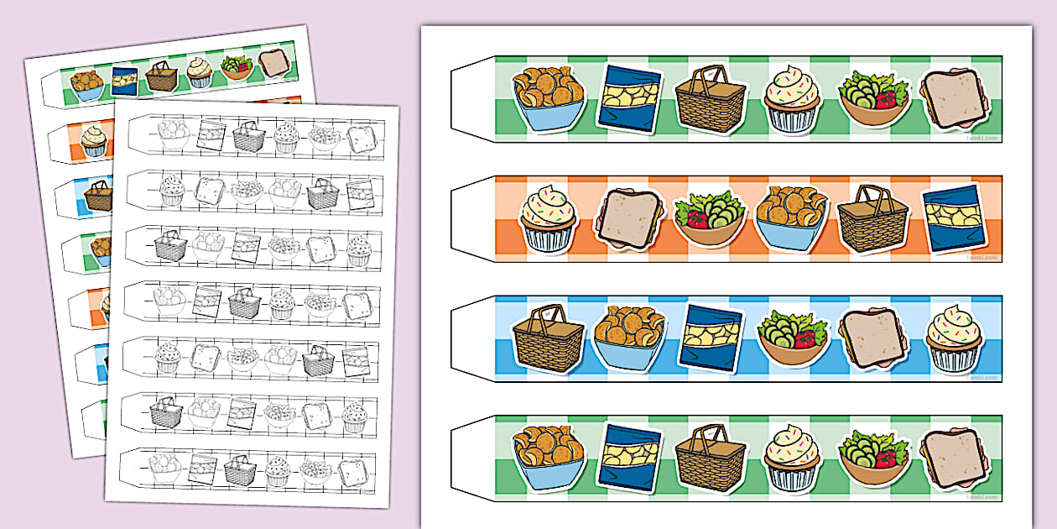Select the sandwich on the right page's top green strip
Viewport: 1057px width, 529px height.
(955, 101)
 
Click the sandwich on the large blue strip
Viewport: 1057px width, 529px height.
(872, 338)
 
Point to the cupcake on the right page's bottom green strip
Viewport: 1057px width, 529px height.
(791, 458)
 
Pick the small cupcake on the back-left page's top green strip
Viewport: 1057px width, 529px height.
(198, 72)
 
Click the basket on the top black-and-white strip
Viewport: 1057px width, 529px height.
(248, 137)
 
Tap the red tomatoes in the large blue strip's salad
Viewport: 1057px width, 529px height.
(805, 339)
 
